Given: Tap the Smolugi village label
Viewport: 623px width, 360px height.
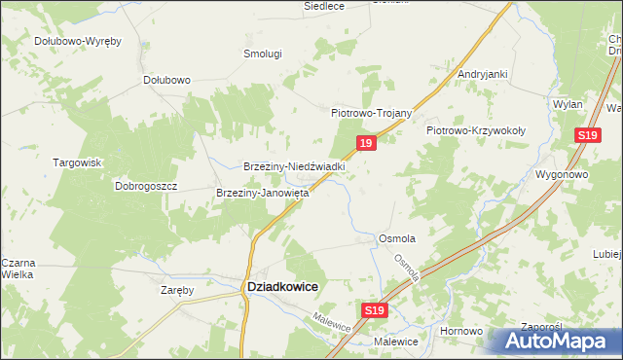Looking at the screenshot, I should [x=262, y=54].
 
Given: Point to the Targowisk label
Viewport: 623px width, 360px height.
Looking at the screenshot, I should [x=77, y=162].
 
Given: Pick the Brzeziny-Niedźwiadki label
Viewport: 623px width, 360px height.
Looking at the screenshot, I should [x=295, y=166].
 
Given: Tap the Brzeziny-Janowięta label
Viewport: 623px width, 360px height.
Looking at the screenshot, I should [x=262, y=193].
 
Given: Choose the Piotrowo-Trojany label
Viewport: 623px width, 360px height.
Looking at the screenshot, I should [x=373, y=113].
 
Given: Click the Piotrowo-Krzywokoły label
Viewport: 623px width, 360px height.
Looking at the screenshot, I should [x=476, y=129].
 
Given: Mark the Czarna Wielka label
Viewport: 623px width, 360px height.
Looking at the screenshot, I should [x=18, y=269].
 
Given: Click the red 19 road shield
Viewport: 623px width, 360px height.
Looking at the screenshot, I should [x=365, y=143].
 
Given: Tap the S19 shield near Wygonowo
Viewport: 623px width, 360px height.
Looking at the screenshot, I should [x=586, y=136].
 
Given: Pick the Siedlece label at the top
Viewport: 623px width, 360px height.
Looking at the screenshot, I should [x=324, y=5].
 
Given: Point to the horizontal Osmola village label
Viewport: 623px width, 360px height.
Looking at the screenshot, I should [x=397, y=238].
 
